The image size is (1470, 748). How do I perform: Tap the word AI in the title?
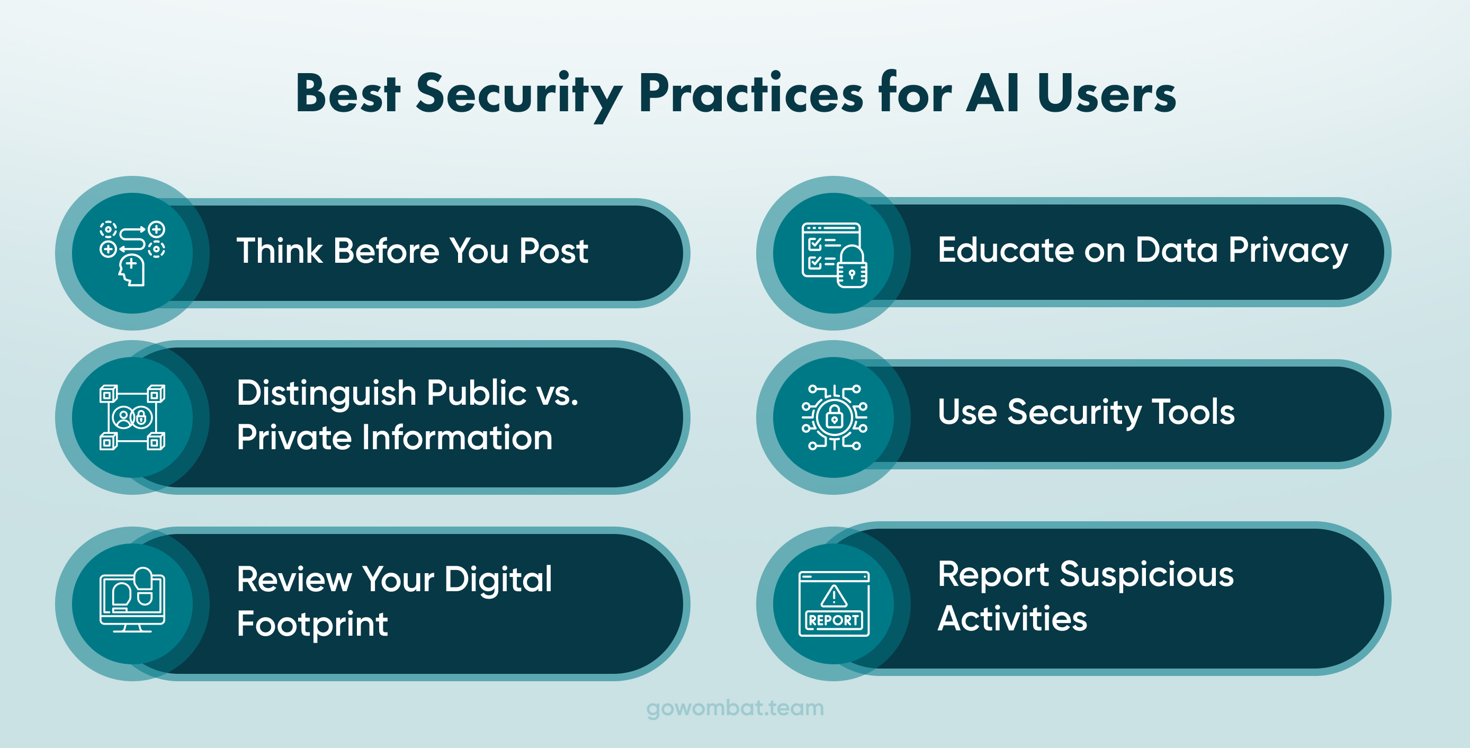[x=993, y=93]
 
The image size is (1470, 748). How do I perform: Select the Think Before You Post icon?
[x=132, y=253]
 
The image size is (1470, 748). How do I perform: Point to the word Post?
[x=553, y=251]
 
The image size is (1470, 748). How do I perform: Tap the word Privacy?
[x=1288, y=252]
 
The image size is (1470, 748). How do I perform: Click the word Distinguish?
[x=326, y=395]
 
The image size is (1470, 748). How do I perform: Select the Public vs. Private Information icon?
[x=132, y=417]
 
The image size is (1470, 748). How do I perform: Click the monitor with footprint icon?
[x=132, y=600]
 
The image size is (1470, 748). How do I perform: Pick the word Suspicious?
[x=1146, y=575]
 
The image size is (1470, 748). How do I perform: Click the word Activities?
[x=1012, y=618]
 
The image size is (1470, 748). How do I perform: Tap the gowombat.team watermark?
[x=735, y=709]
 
